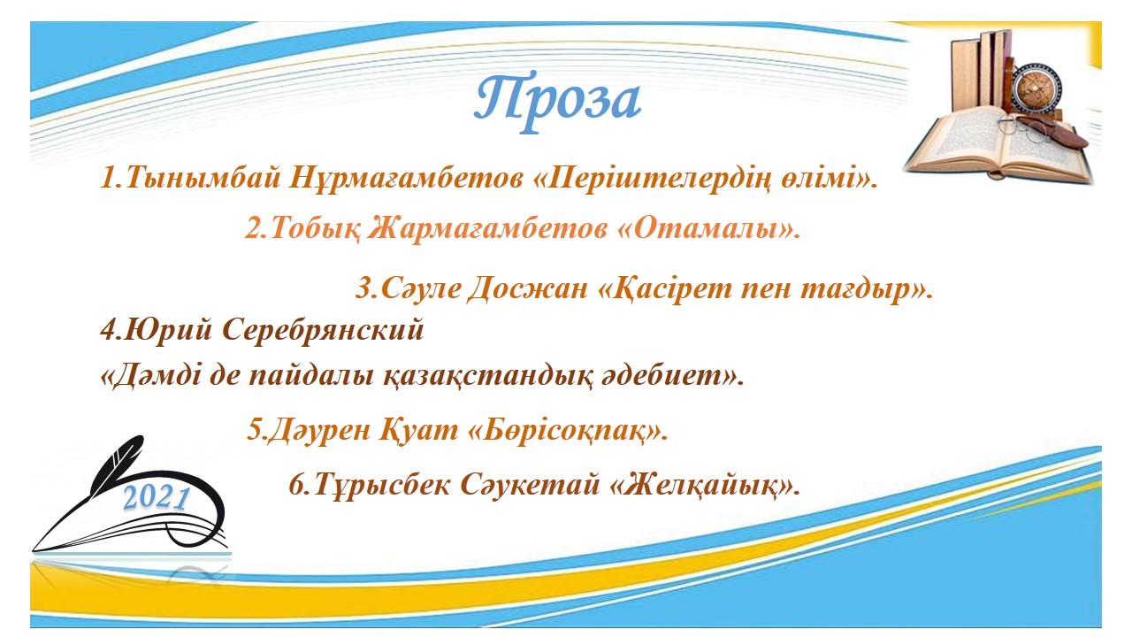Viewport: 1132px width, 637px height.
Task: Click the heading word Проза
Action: (558, 100)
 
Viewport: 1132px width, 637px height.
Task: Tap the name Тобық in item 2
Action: (316, 229)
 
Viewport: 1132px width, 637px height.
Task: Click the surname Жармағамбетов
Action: (487, 229)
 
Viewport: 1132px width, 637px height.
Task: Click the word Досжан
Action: (528, 289)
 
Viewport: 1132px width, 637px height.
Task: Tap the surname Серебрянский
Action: (323, 330)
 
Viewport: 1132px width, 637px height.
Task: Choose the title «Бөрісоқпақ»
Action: (569, 431)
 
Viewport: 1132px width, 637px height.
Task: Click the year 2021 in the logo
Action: (157, 498)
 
